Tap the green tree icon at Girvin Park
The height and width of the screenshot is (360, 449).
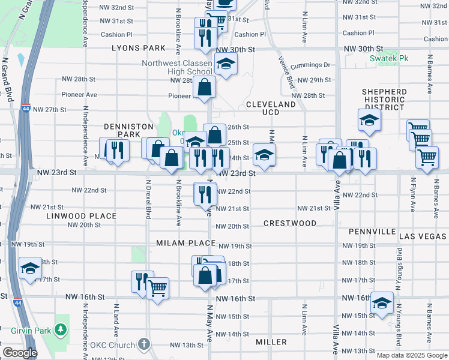click(60, 330)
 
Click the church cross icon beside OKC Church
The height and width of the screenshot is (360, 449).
click(143, 344)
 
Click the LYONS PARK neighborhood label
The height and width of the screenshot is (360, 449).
click(137, 47)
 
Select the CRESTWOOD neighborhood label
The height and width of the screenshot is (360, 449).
click(290, 223)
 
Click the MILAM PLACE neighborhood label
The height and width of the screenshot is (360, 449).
click(185, 243)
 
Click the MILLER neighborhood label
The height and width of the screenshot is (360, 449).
click(271, 342)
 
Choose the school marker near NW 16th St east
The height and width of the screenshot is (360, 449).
click(382, 302)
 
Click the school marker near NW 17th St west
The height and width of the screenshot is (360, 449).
click(29, 268)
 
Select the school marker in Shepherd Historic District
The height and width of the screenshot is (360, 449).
click(369, 119)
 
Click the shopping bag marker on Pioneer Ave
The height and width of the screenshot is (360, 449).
click(205, 88)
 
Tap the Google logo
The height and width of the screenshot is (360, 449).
click(19, 353)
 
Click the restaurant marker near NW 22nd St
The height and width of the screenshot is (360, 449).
click(205, 193)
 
